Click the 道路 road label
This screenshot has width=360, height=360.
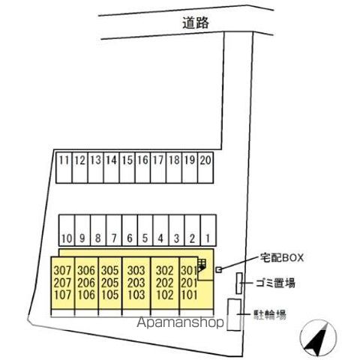pyautogui.click(x=196, y=23)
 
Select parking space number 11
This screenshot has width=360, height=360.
pyautogui.click(x=64, y=167)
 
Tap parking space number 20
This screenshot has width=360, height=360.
pyautogui.click(x=205, y=167)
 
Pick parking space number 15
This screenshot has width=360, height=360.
pyautogui.click(x=127, y=167)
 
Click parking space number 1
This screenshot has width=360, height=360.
pyautogui.click(x=208, y=230)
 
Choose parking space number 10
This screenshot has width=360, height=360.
pyautogui.click(x=67, y=230)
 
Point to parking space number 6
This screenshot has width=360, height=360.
pyautogui.click(x=130, y=230)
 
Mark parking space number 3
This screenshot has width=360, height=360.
pyautogui.click(x=176, y=230)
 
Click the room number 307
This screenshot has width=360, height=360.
pyautogui.click(x=62, y=271)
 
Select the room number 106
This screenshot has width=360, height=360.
pyautogui.click(x=86, y=295)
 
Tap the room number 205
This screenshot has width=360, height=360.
pyautogui.click(x=110, y=283)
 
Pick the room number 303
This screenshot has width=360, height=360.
pyautogui.click(x=136, y=271)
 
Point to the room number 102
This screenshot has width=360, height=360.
pyautogui.click(x=165, y=295)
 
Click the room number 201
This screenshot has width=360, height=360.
pyautogui.click(x=189, y=283)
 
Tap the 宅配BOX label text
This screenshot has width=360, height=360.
pyautogui.click(x=282, y=258)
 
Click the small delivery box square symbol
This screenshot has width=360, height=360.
pyautogui.click(x=219, y=269)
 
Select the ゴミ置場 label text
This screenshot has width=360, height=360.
pyautogui.click(x=275, y=283)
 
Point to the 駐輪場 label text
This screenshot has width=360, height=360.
pyautogui.click(x=270, y=314)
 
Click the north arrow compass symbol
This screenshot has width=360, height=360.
pyautogui.click(x=319, y=338)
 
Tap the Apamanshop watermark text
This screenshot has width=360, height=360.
pyautogui.click(x=180, y=322)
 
